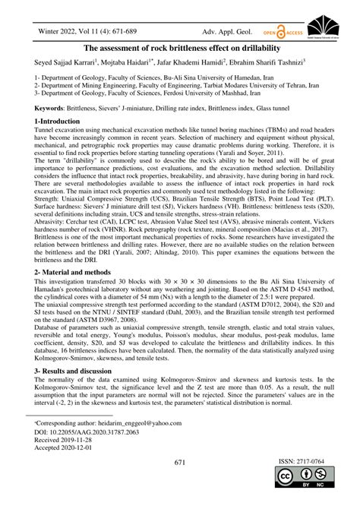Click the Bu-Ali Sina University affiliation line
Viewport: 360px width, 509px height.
pos(144,78)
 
